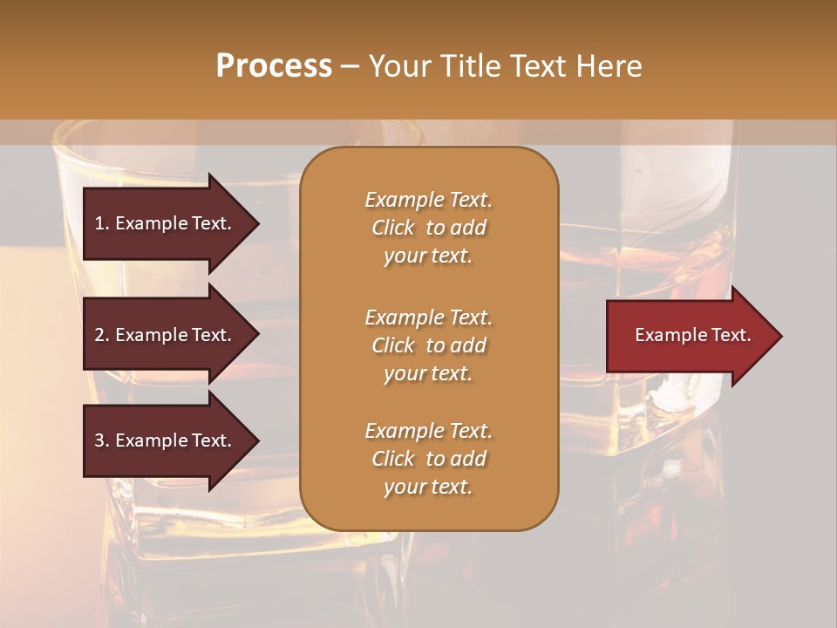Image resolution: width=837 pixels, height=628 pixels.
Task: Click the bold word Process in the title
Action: [274, 66]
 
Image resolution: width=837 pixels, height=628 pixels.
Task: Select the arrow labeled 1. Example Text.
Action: [166, 223]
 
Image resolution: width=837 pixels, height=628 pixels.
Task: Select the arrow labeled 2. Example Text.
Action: [166, 335]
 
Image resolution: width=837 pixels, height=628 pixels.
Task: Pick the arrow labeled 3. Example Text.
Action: [166, 440]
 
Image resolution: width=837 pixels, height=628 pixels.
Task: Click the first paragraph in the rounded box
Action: [428, 228]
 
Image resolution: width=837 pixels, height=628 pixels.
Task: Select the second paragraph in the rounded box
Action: [428, 345]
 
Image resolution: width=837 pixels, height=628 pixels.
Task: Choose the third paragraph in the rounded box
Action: [428, 459]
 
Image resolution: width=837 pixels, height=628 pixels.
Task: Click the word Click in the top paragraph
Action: [393, 228]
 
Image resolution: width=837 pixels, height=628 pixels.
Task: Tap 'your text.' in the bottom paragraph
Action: [428, 487]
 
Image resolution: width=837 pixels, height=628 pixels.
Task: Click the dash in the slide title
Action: [350, 67]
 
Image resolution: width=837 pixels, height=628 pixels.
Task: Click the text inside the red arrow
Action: [692, 335]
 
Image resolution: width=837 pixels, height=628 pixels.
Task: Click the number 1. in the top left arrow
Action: [101, 223]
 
